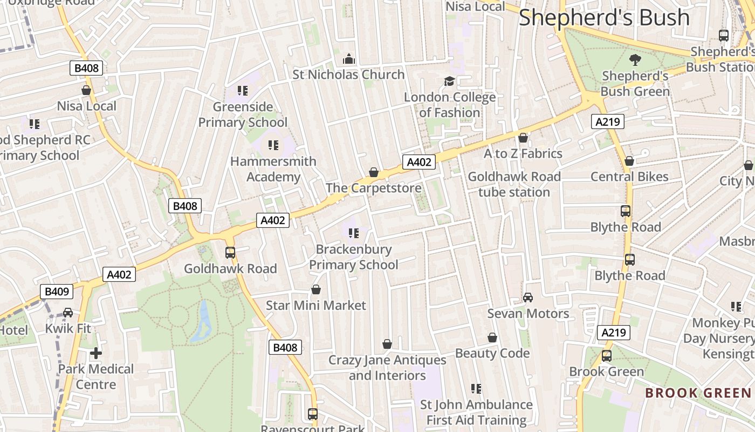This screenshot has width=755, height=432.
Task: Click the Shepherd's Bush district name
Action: (604, 18)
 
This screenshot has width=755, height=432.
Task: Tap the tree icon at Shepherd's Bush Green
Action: (635, 59)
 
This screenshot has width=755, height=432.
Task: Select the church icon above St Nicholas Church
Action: (349, 58)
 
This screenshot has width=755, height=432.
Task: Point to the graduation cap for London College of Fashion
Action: (449, 82)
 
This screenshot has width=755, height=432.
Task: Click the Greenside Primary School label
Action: (243, 114)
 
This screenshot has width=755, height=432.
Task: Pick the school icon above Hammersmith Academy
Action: (273, 145)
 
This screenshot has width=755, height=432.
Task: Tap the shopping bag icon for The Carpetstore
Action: (373, 172)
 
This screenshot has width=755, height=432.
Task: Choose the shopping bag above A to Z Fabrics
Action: (523, 138)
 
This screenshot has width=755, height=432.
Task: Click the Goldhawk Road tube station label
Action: (514, 184)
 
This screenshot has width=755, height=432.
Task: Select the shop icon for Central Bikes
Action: (629, 161)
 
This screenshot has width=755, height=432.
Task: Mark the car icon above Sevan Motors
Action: (528, 298)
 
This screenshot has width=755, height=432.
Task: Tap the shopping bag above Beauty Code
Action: (492, 337)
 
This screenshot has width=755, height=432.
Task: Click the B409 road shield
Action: (57, 292)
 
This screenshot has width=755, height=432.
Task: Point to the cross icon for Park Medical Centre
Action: (96, 353)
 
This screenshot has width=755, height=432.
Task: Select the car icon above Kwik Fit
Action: (68, 313)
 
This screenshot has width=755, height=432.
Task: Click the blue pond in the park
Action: (203, 321)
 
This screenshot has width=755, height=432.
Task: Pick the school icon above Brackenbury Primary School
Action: (354, 233)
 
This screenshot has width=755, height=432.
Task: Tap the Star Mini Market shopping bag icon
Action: (316, 290)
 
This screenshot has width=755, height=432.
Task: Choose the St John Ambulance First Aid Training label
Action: (476, 412)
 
